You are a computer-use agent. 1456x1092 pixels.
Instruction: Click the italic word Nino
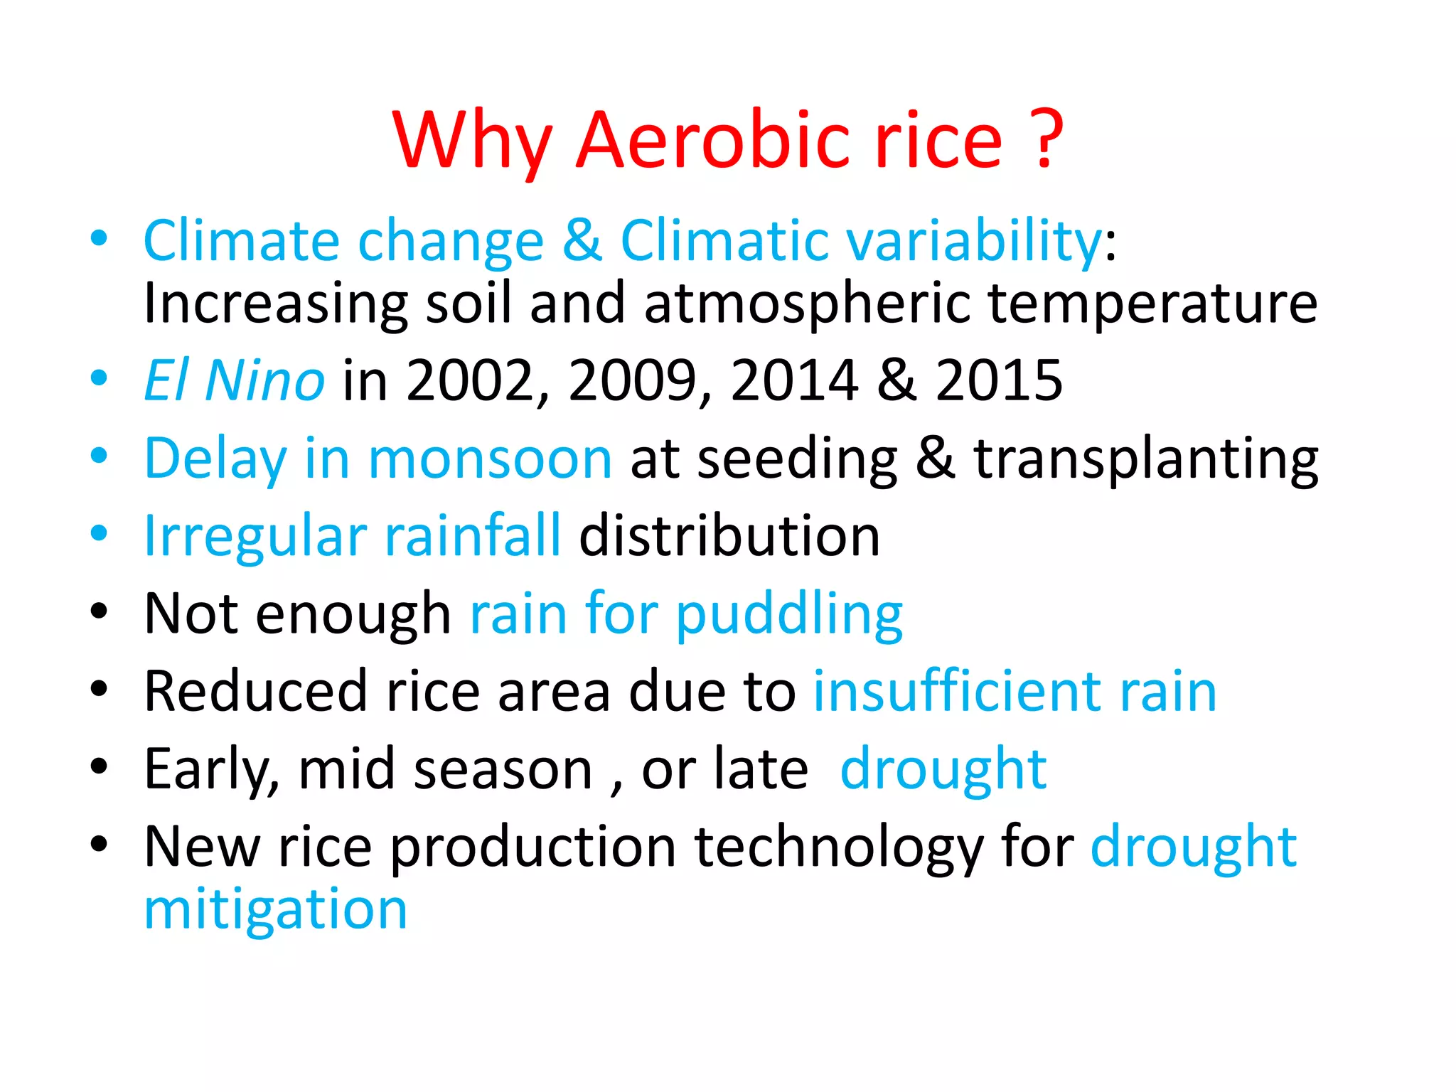[264, 380]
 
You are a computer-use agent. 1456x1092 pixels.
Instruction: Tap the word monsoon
[490, 459]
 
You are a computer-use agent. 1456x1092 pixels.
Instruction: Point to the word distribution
[729, 535]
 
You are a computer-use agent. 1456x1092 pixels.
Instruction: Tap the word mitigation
[276, 910]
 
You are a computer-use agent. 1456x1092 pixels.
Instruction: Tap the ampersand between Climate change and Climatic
[582, 240]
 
